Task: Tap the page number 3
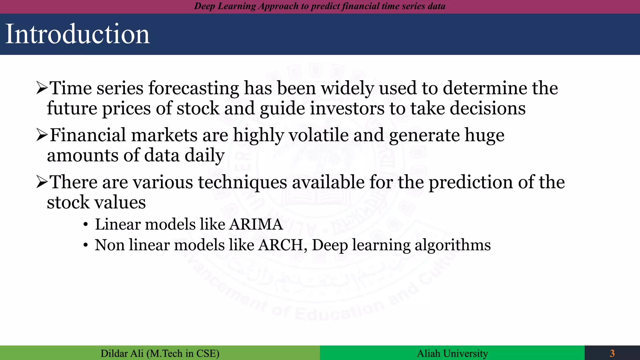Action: click(612, 353)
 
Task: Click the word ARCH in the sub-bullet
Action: click(280, 245)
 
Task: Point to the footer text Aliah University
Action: click(452, 353)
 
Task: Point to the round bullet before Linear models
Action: click(86, 225)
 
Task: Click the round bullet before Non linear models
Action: click(86, 246)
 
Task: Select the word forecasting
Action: click(193, 88)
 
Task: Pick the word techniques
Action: click(242, 182)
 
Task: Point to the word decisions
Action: click(487, 108)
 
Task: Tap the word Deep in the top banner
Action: click(204, 6)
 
